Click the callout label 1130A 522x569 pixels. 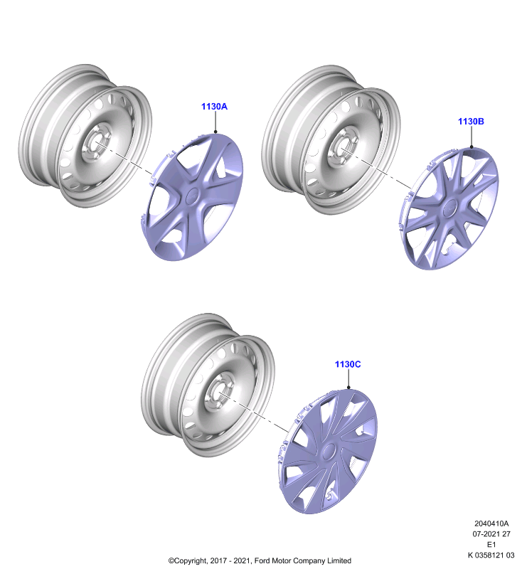(x=214, y=106)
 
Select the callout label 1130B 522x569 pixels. (x=471, y=121)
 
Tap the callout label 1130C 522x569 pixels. (x=348, y=364)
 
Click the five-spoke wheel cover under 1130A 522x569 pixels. (x=191, y=196)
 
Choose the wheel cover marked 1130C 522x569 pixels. (x=328, y=451)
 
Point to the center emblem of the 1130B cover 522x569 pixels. (x=449, y=208)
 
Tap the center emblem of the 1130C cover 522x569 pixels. (x=329, y=451)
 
